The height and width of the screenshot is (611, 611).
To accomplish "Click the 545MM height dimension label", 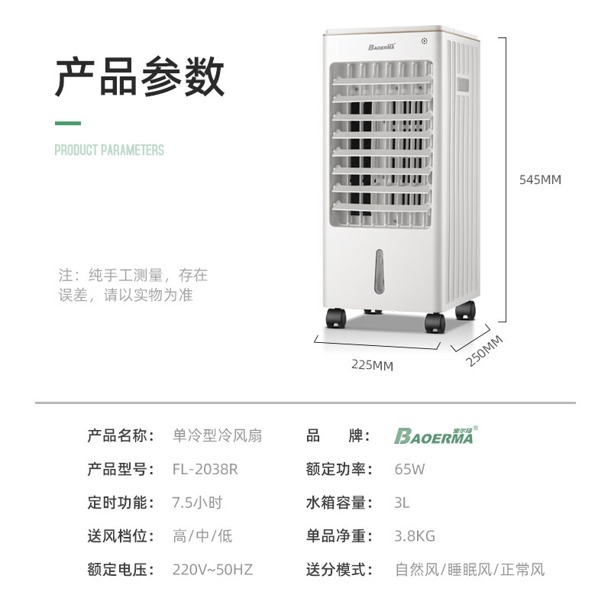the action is (x=539, y=180).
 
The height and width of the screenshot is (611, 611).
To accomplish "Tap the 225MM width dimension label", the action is (x=372, y=365).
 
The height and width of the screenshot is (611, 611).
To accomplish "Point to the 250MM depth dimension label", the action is (x=485, y=351).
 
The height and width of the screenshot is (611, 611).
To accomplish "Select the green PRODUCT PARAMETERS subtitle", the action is (x=109, y=150).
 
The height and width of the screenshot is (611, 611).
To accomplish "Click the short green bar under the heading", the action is (x=67, y=123).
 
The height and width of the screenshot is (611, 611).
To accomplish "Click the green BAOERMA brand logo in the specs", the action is (x=434, y=436).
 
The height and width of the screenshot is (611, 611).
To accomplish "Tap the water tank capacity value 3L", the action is (x=402, y=503).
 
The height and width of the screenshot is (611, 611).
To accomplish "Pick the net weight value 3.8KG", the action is (x=415, y=536).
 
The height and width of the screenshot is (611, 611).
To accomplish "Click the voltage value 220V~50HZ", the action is (x=212, y=570).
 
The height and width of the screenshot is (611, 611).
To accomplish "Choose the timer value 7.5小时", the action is (x=198, y=503).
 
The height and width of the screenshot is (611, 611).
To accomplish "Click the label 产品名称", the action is (x=121, y=436).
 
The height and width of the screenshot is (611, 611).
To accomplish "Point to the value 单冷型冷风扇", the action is (x=218, y=436).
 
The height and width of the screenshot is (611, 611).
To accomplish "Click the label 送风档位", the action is (x=121, y=536).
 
